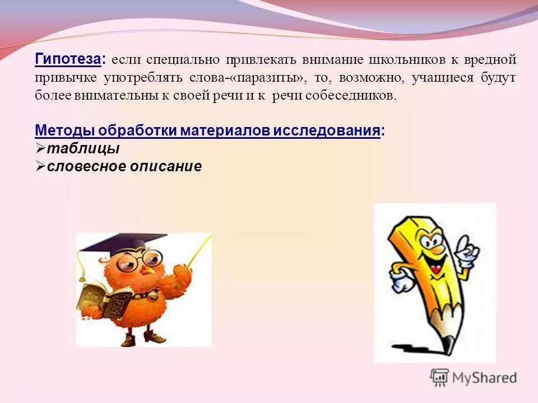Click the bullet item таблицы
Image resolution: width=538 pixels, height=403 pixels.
pos(83,149)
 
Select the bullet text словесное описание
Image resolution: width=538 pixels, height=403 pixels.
pos(124,167)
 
